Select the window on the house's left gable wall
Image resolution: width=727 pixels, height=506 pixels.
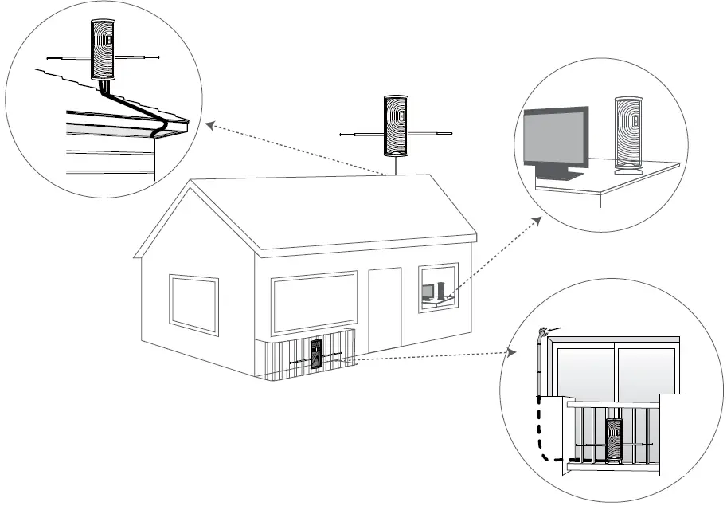pyautogui.click(x=193, y=303)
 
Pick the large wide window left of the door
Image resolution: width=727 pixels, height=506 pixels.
pyautogui.click(x=314, y=302)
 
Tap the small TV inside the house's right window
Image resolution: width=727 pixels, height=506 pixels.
pyautogui.click(x=428, y=292)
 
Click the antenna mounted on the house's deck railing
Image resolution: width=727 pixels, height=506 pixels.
pyautogui.click(x=317, y=355)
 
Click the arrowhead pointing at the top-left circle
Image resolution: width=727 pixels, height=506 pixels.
pyautogui.click(x=209, y=124)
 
